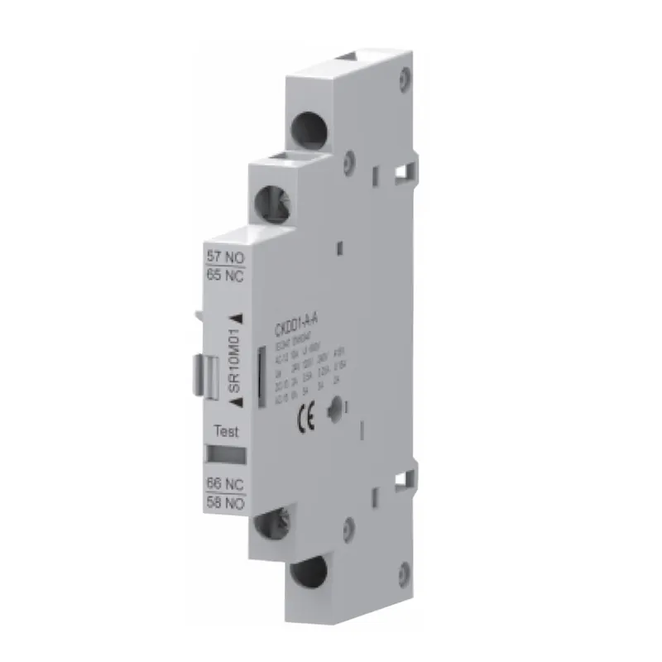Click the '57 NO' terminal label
(x=223, y=257)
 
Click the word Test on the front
(x=226, y=431)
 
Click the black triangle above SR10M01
(x=237, y=317)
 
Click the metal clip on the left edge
(x=210, y=367)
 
